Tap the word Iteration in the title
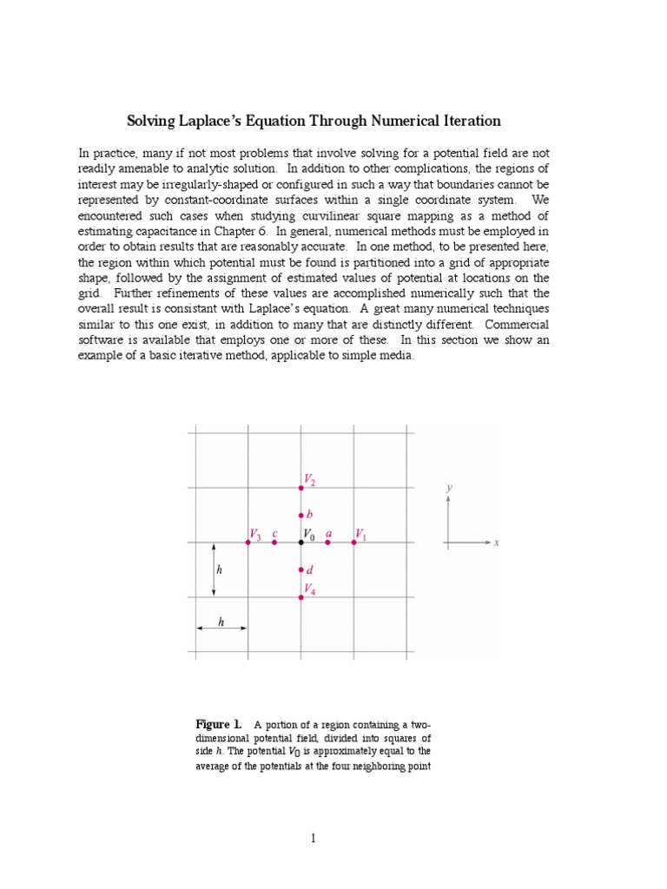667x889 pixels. [469, 121]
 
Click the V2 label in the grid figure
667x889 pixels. [310, 479]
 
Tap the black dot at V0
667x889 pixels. [301, 542]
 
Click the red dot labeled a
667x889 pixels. [327, 542]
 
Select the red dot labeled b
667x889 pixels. [301, 516]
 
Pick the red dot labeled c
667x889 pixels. [274, 542]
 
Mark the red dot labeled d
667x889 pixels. [301, 570]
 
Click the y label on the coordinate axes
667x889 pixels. [449, 488]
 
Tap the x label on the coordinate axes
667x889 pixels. [496, 543]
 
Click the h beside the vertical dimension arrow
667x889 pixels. [220, 570]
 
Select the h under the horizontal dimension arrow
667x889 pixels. [221, 622]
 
